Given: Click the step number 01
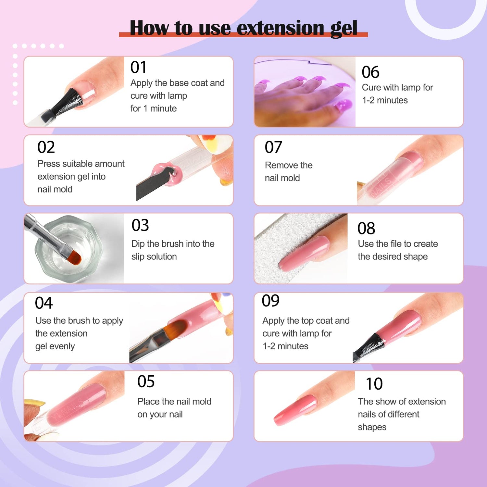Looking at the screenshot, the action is coord(138,68).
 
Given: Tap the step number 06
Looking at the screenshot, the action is coord(370,72).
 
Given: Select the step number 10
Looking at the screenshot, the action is coord(374,384).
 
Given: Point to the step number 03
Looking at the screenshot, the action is coord(140,225).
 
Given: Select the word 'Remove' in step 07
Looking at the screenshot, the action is coord(278,165).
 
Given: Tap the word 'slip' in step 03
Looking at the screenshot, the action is coord(138,257).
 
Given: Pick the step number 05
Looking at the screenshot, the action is coord(146,381).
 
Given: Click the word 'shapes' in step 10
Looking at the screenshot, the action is coord(372,427).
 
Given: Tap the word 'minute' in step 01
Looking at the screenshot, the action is coord(163,108).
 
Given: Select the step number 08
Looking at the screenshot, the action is coord(366,229).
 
